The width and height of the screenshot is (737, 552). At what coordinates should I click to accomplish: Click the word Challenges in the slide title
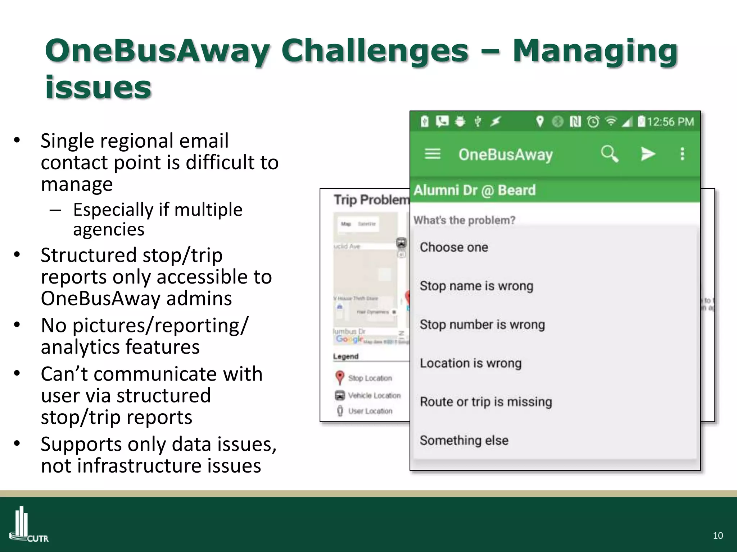375,51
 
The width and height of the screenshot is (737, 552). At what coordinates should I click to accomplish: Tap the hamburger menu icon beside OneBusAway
432,154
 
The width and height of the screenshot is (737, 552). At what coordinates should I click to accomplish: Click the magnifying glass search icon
609,154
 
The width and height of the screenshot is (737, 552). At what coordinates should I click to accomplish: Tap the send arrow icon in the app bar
648,154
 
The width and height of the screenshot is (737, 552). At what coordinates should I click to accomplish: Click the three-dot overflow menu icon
682,154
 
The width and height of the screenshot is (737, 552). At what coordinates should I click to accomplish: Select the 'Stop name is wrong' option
476,286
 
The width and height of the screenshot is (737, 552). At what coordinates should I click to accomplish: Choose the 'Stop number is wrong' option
482,325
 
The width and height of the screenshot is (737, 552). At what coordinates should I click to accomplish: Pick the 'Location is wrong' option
470,363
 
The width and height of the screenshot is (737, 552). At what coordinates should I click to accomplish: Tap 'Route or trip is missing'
486,402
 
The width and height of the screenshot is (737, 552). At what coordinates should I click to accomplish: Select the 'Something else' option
464,440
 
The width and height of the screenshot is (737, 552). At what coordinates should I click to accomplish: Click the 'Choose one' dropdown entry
454,247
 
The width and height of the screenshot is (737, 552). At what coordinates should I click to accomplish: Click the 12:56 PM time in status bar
670,122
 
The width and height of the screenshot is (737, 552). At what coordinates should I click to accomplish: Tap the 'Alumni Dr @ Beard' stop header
474,190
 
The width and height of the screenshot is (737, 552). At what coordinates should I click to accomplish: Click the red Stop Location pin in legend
339,378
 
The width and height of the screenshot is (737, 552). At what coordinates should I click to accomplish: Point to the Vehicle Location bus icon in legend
340,395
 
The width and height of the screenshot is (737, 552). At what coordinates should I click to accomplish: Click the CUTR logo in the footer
29,525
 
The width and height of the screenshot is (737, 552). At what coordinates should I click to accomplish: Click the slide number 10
718,535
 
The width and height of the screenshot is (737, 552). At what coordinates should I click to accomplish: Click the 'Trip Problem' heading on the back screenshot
371,200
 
